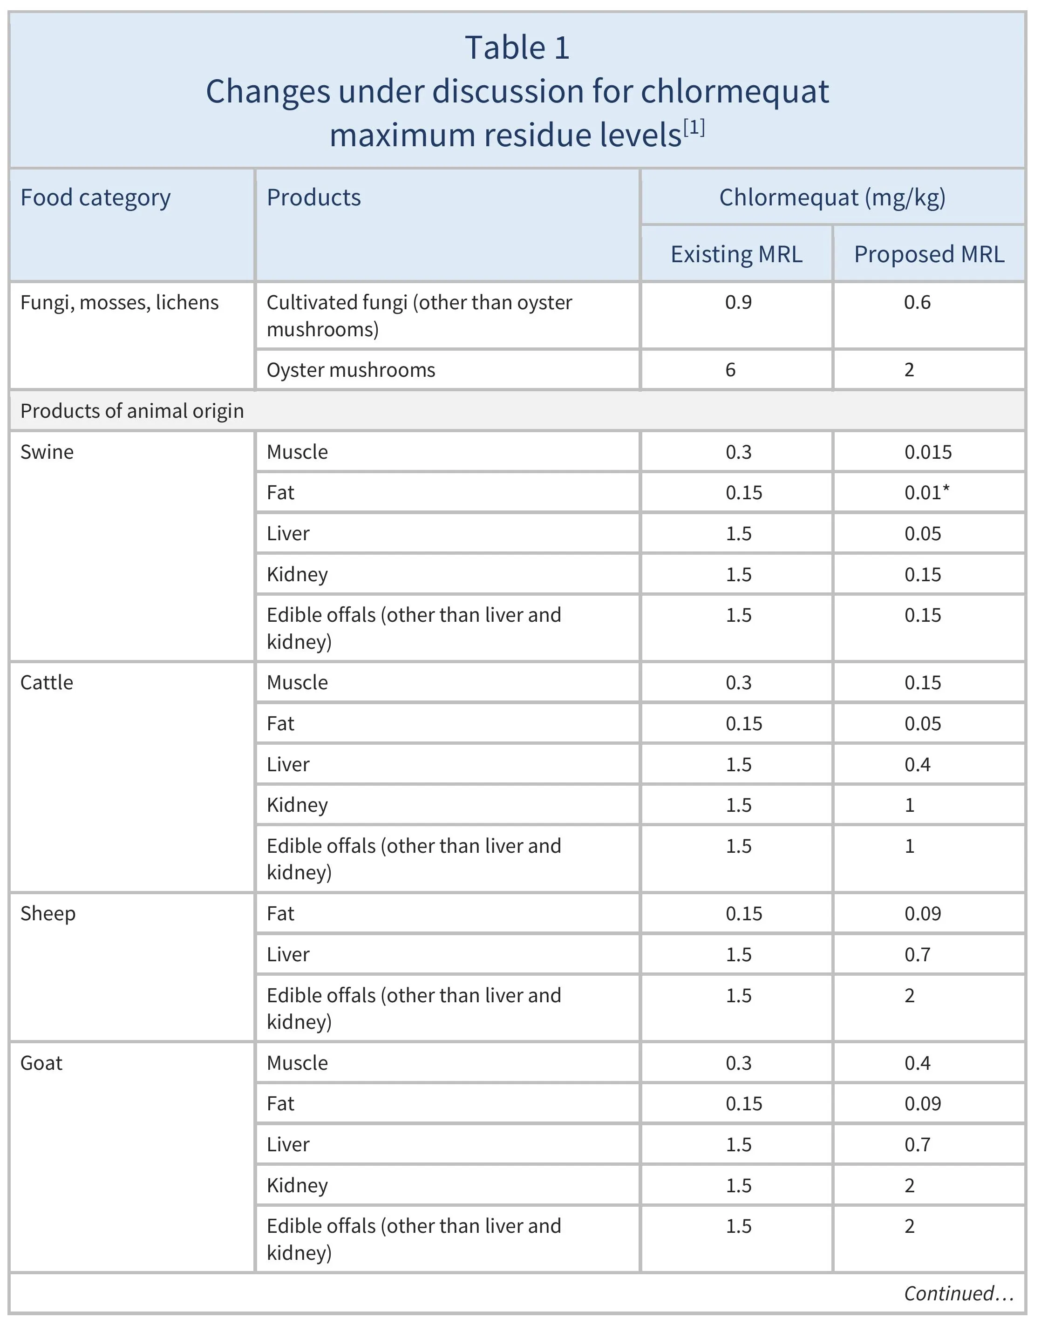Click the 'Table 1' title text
(x=517, y=48)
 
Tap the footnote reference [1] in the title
(x=694, y=128)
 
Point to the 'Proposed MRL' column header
(x=928, y=254)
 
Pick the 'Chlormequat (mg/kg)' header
(x=832, y=197)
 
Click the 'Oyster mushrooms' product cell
(x=351, y=370)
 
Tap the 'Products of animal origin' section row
(x=132, y=411)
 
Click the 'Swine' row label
(x=47, y=452)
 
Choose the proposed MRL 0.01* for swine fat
(x=926, y=493)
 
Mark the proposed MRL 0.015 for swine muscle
(x=927, y=452)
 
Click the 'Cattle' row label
(x=47, y=682)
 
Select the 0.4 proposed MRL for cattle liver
(x=917, y=764)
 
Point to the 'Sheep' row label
(x=48, y=914)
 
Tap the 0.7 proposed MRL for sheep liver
(x=917, y=954)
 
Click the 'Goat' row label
(x=41, y=1063)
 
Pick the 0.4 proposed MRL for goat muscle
(x=917, y=1063)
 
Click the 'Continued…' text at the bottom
(x=958, y=1294)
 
